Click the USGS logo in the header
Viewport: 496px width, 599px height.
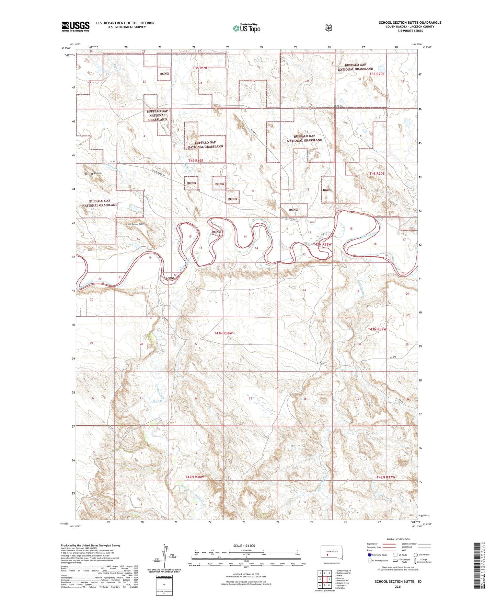76,26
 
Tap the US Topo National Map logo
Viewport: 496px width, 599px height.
246,28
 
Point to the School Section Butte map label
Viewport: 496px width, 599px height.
135,224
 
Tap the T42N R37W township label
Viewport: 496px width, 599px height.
386,477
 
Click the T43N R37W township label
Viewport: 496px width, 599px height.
377,329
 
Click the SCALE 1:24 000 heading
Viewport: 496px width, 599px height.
244,545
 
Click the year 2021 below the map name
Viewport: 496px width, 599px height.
398,586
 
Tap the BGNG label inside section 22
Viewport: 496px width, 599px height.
170,278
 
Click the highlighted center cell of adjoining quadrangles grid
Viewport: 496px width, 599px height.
324,579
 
